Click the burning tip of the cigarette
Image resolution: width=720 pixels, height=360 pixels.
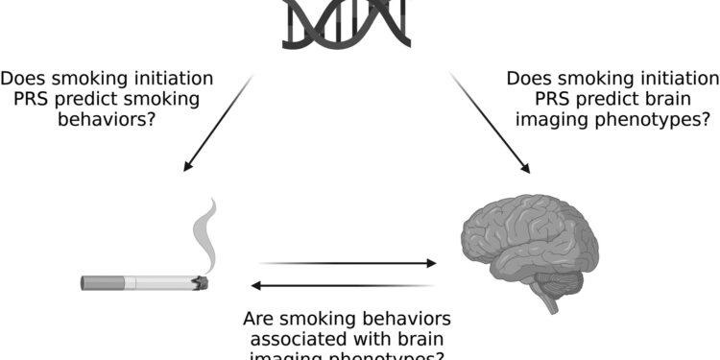pyautogui.click(x=199, y=282)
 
